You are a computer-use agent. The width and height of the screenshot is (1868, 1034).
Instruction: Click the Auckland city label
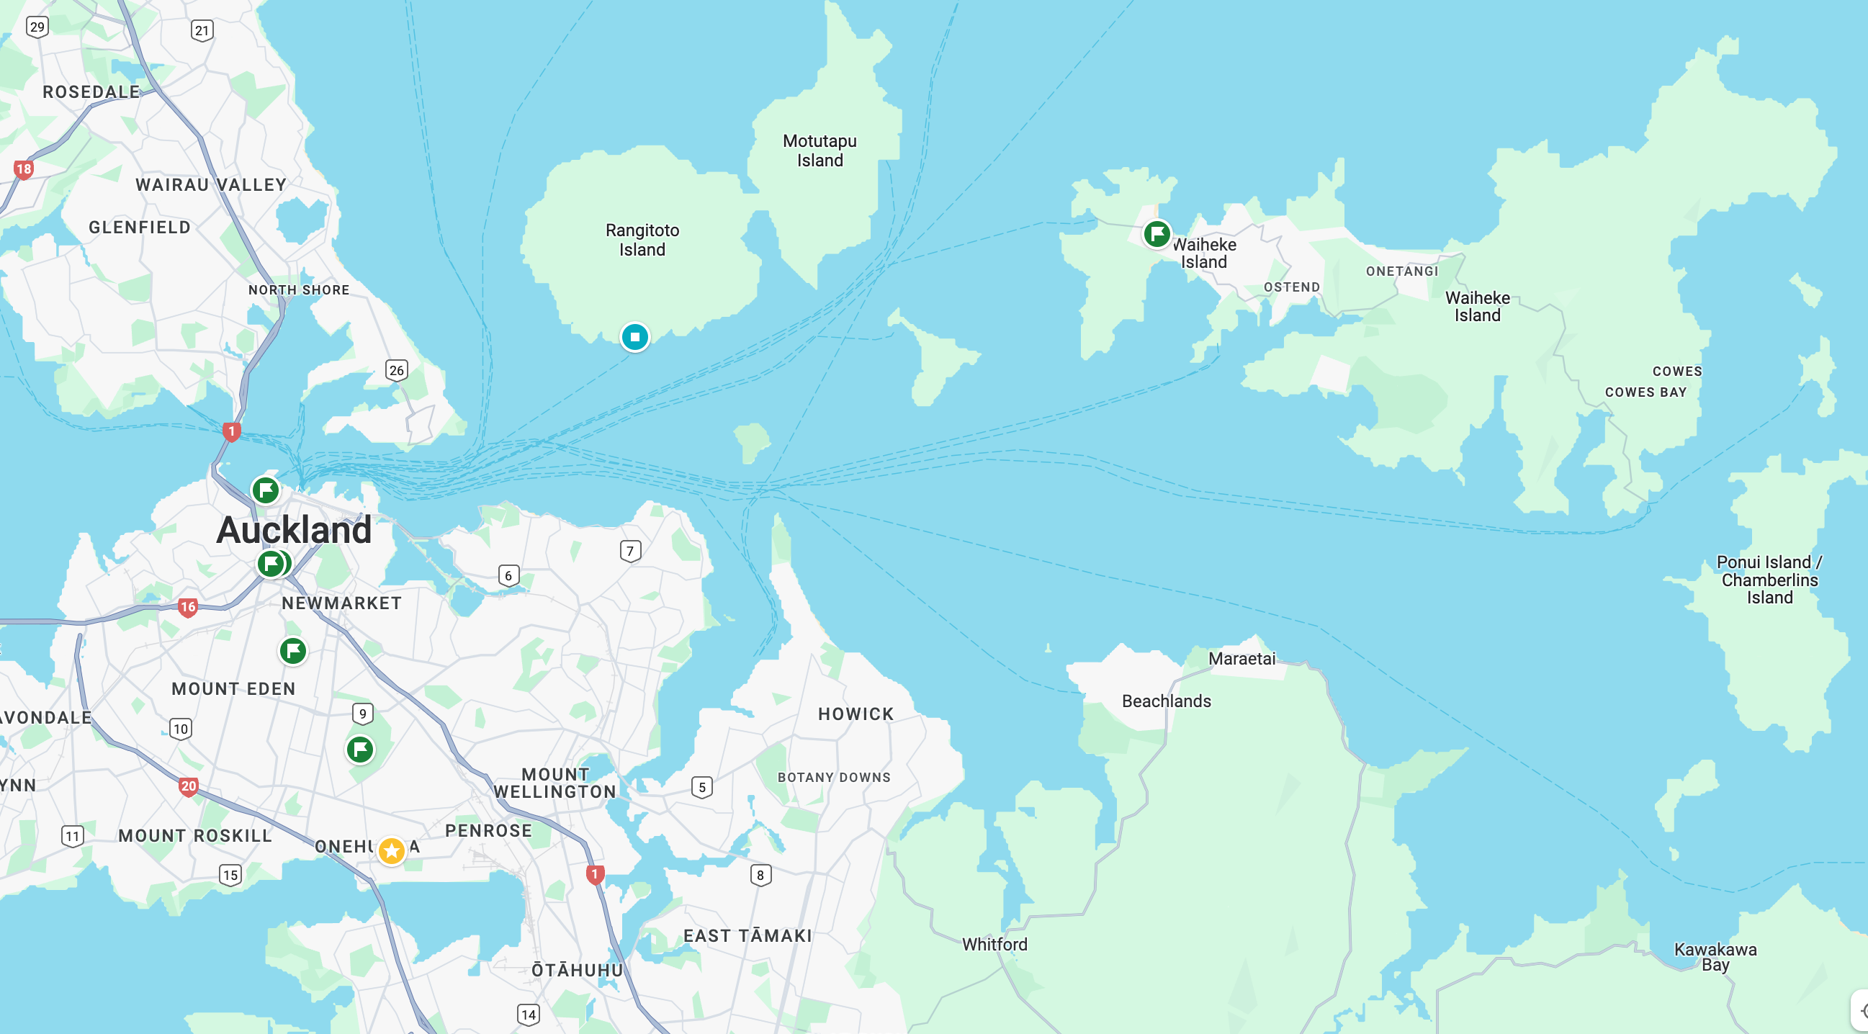tap(294, 530)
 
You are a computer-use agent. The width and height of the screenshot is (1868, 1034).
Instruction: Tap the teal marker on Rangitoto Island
tap(634, 337)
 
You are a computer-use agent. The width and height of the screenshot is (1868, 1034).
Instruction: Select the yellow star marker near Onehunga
tap(392, 850)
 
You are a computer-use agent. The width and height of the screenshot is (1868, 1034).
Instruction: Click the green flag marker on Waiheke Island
tap(1157, 234)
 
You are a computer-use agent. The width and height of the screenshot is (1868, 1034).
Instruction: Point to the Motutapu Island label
tap(820, 150)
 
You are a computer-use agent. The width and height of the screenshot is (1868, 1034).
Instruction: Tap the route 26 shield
tap(397, 371)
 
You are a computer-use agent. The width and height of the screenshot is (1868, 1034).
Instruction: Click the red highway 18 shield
tap(24, 170)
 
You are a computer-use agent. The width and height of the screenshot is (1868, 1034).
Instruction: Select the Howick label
tap(856, 714)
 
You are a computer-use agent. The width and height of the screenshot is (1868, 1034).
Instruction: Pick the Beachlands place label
tap(1166, 701)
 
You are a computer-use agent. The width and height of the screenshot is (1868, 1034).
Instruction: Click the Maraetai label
tap(1241, 658)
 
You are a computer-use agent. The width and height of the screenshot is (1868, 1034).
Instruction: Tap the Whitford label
tap(994, 944)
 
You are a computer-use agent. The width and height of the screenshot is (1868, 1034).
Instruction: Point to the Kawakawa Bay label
tap(1715, 956)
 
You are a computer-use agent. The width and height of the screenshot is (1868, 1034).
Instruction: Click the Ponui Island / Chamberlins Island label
tap(1769, 580)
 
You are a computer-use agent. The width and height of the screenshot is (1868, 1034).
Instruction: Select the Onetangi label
tap(1402, 271)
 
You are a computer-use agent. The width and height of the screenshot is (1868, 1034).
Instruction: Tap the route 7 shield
tap(630, 551)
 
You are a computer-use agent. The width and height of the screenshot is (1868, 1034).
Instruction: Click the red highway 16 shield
tap(188, 607)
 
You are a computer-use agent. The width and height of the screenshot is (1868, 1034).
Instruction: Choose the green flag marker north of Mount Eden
tap(293, 651)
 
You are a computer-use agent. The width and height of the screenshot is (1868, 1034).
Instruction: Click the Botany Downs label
tap(834, 778)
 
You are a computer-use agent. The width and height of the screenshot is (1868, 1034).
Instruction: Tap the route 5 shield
tap(701, 788)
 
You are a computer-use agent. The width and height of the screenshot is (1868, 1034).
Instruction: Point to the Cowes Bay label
tap(1645, 392)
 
